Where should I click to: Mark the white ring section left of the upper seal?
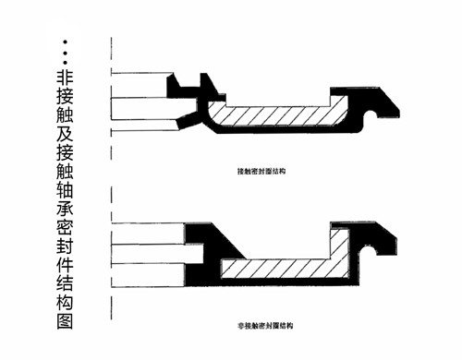143,109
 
